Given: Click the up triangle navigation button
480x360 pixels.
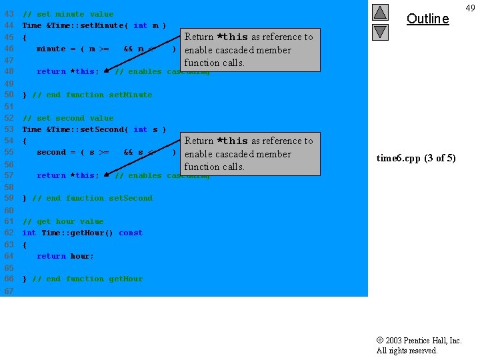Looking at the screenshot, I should (380, 13).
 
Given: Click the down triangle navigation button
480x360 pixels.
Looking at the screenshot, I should (380, 31).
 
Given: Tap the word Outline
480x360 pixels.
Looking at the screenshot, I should (427, 19).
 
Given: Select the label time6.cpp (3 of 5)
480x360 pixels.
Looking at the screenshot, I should (416, 158).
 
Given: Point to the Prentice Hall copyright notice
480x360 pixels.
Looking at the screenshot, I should (419, 345).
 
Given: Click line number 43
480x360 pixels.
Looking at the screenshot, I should (9, 14).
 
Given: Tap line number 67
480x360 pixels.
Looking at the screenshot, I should (9, 291).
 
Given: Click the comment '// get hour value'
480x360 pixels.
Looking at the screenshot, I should (63, 221).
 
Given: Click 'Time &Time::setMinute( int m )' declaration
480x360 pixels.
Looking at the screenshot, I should (94, 25).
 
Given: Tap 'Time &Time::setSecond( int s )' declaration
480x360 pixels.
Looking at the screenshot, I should (94, 129).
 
